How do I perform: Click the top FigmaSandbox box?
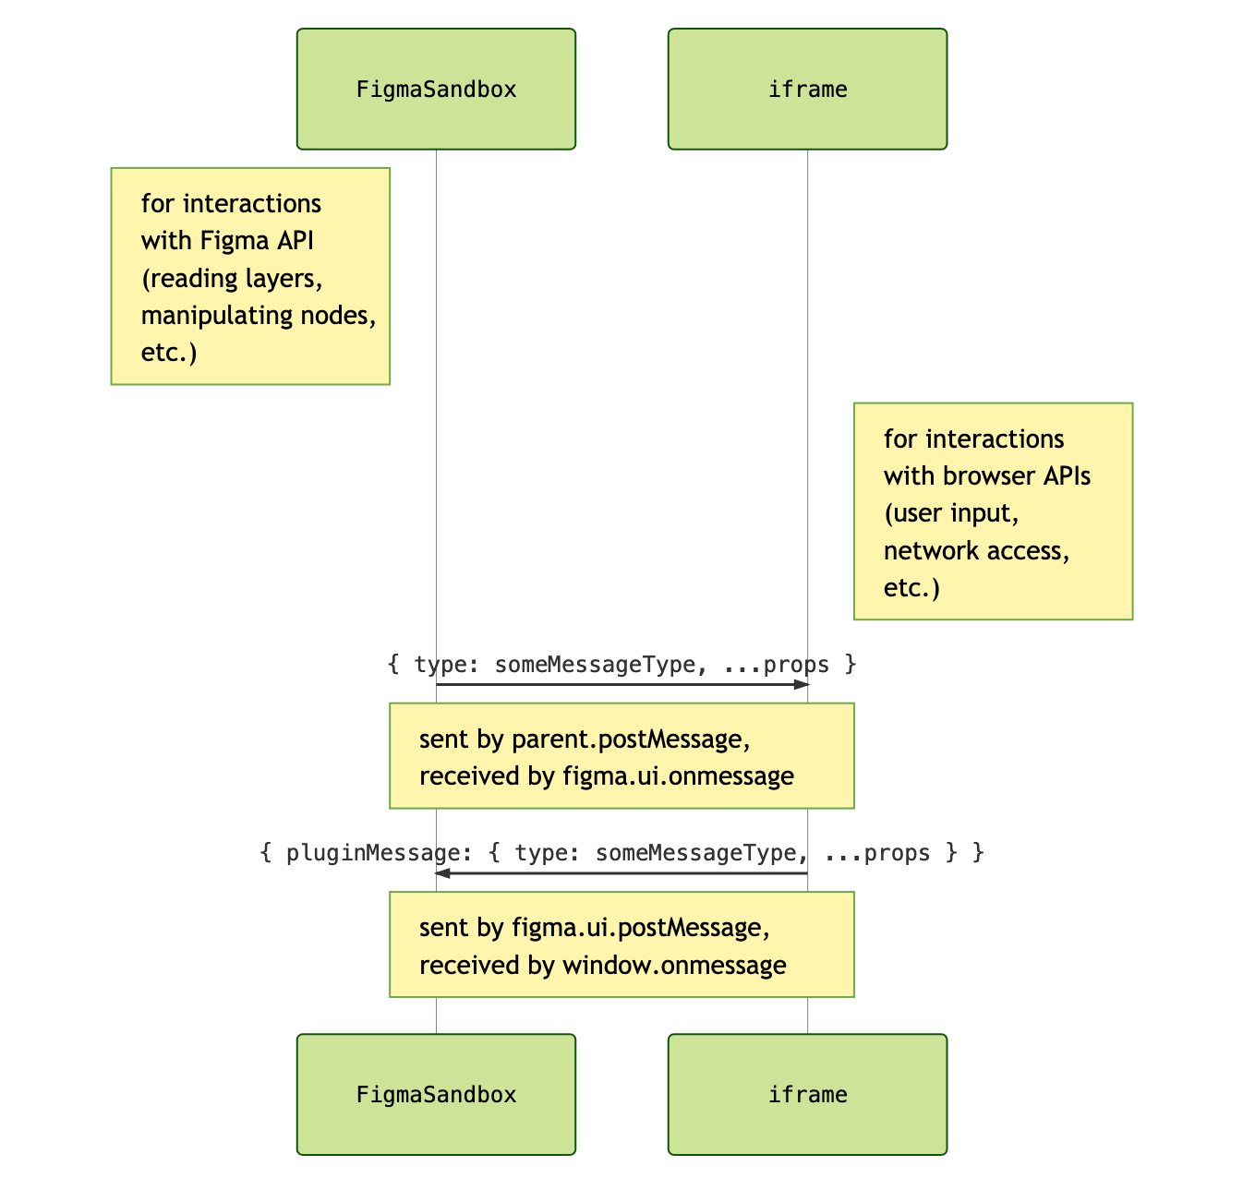point(436,89)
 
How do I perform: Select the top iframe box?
point(807,89)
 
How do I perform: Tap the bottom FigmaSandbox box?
point(436,1094)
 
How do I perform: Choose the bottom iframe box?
point(807,1094)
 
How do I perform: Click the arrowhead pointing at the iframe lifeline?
point(801,684)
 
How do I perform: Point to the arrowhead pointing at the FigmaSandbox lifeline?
point(443,872)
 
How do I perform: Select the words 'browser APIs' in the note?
point(1017,476)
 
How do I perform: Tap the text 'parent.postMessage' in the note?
point(630,739)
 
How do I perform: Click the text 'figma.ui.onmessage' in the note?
point(678,776)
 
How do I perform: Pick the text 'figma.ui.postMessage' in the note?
point(640,928)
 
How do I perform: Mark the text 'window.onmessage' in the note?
point(674,966)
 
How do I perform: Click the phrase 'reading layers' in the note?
point(237,279)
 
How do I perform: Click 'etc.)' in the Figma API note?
point(169,353)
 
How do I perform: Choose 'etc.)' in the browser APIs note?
point(911,588)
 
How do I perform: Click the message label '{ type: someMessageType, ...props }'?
point(621,665)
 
